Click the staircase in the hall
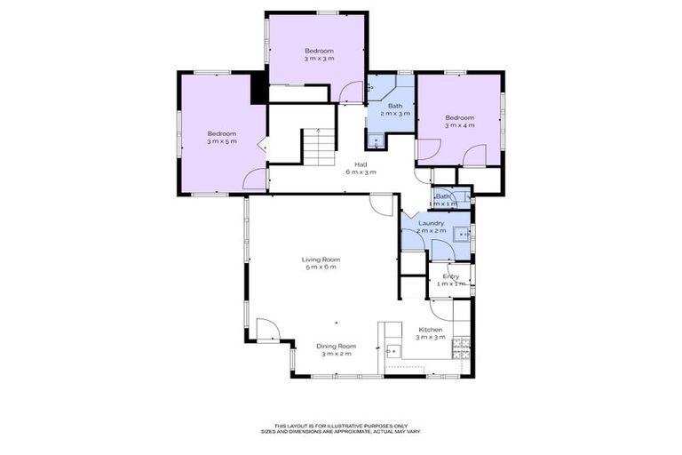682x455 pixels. click(x=317, y=147)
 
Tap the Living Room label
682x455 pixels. click(x=321, y=259)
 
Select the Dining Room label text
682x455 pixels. click(x=337, y=346)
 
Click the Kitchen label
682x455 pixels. click(x=431, y=330)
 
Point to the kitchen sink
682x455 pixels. click(x=393, y=350)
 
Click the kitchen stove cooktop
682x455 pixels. click(x=460, y=348)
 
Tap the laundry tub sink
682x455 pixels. click(x=460, y=235)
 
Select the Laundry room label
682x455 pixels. click(x=431, y=223)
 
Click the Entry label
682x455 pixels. click(x=451, y=276)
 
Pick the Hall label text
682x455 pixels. click(x=361, y=164)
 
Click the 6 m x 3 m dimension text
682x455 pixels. click(x=361, y=172)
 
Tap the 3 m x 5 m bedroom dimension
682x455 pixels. click(x=222, y=141)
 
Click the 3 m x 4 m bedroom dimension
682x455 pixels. click(x=459, y=125)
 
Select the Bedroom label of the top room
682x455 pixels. click(x=319, y=51)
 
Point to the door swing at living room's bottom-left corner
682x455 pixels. click(x=266, y=329)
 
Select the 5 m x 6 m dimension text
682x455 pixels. click(x=321, y=267)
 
